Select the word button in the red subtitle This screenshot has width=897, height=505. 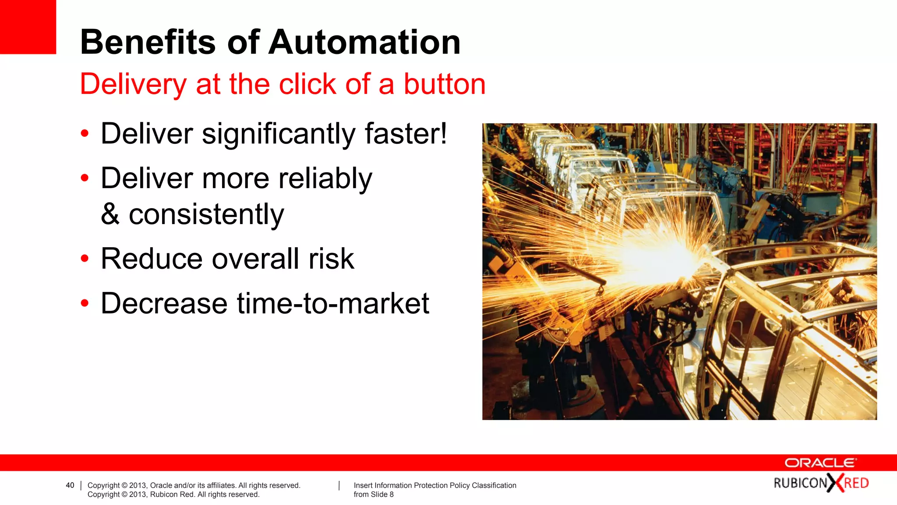[444, 84]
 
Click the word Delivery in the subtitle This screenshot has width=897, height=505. [133, 85]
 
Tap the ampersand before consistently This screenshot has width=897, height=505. [110, 214]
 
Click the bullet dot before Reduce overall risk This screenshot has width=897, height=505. [85, 259]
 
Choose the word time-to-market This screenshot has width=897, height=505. [333, 303]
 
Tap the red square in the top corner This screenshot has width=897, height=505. [28, 26]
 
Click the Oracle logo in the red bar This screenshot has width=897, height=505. [820, 463]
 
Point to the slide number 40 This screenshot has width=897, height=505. [70, 485]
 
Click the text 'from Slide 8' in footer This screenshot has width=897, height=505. [374, 494]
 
